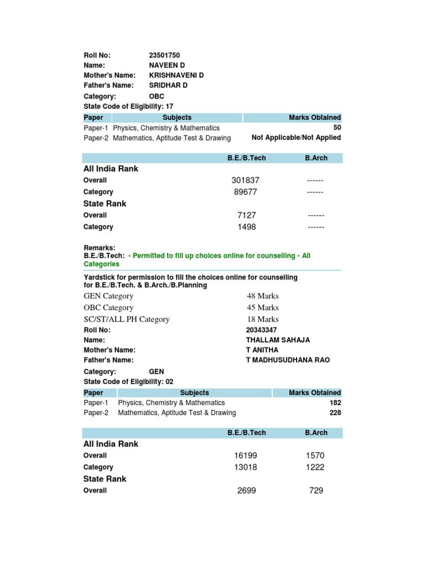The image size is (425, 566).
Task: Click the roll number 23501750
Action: pyautogui.click(x=164, y=55)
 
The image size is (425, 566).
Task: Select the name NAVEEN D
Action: pyautogui.click(x=167, y=65)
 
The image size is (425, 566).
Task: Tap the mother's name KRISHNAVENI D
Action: pyautogui.click(x=177, y=75)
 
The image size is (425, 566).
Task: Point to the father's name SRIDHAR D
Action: pyautogui.click(x=168, y=85)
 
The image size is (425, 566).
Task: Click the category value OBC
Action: pyautogui.click(x=157, y=96)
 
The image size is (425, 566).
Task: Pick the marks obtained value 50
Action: pyautogui.click(x=336, y=128)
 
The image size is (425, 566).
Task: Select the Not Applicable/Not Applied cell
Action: pyautogui.click(x=296, y=138)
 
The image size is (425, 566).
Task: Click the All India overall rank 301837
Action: pyautogui.click(x=246, y=180)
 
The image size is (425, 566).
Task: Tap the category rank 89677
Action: pyautogui.click(x=246, y=192)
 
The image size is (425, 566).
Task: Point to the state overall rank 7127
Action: pyautogui.click(x=247, y=215)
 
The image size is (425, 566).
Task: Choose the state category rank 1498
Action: pyautogui.click(x=247, y=227)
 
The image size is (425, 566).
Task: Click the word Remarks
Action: pyautogui.click(x=99, y=248)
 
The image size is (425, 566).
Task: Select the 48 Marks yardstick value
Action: pyautogui.click(x=262, y=296)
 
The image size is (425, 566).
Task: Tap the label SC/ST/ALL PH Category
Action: pyautogui.click(x=127, y=319)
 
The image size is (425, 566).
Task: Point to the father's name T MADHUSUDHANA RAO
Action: pyautogui.click(x=288, y=360)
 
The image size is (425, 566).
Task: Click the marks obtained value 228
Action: pyautogui.click(x=335, y=413)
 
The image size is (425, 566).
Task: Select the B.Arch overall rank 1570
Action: pyautogui.click(x=315, y=455)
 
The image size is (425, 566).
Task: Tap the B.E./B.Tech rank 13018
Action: pyautogui.click(x=246, y=467)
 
